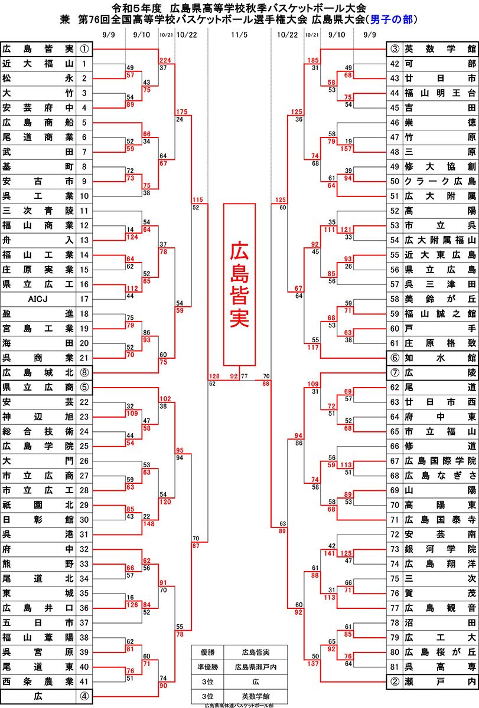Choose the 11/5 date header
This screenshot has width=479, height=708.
click(x=239, y=35)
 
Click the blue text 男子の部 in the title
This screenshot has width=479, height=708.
click(x=391, y=19)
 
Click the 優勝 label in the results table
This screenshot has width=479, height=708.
click(x=208, y=652)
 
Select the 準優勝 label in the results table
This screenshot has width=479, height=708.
click(x=208, y=667)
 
